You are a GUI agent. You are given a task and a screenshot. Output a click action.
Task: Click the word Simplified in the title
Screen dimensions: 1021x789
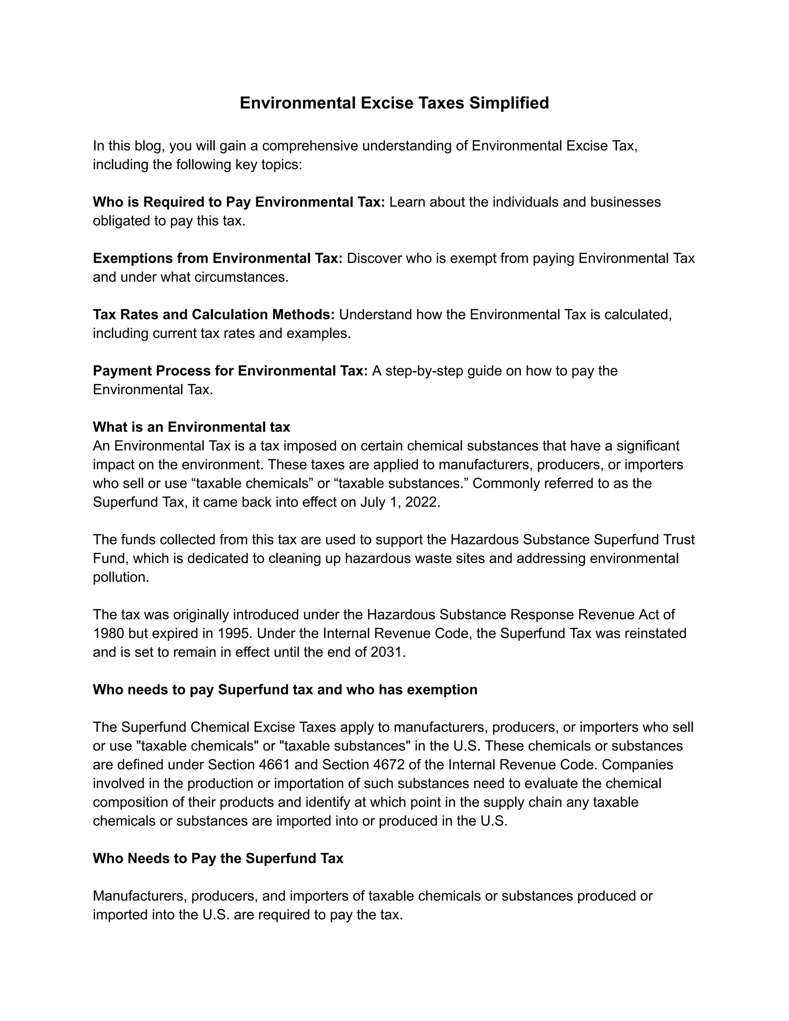tap(509, 103)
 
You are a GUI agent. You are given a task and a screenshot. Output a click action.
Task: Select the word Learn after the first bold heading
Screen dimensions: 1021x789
tap(407, 202)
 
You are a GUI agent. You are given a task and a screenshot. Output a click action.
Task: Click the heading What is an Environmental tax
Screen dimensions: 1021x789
tap(191, 427)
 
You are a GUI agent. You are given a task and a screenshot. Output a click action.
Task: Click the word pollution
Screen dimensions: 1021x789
tap(121, 578)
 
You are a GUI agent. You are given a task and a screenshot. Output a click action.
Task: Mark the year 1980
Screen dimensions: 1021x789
tap(108, 633)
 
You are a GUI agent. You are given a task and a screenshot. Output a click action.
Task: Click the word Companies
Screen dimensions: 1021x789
tap(638, 765)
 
